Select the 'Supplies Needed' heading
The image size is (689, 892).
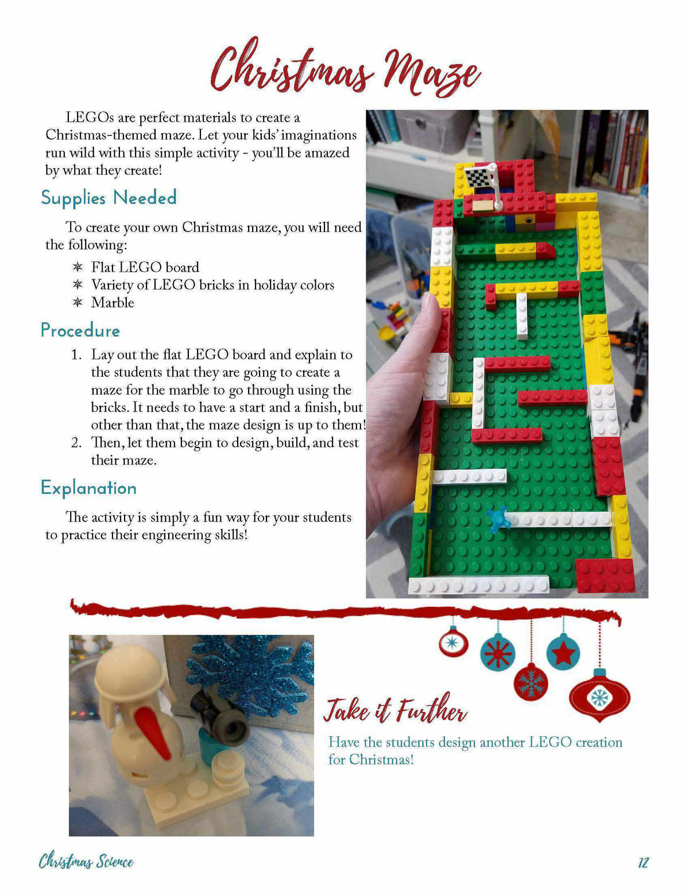pyautogui.click(x=109, y=198)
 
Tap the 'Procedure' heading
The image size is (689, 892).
pyautogui.click(x=80, y=330)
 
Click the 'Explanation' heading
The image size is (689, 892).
pyautogui.click(x=88, y=488)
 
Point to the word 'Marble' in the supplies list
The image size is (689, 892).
pyautogui.click(x=113, y=303)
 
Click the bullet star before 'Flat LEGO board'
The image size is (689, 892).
pyautogui.click(x=78, y=267)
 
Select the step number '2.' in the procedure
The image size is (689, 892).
pyautogui.click(x=76, y=443)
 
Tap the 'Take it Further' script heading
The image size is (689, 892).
pyautogui.click(x=395, y=710)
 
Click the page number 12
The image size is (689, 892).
pyautogui.click(x=643, y=862)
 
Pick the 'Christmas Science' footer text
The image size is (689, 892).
pyautogui.click(x=86, y=862)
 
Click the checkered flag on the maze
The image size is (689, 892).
pyautogui.click(x=480, y=177)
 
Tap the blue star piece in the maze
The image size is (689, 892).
pyautogui.click(x=497, y=517)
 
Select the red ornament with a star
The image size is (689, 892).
pyautogui.click(x=453, y=643)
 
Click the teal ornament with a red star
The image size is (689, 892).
pyautogui.click(x=563, y=652)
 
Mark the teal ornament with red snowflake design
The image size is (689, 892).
pyautogui.click(x=497, y=653)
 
